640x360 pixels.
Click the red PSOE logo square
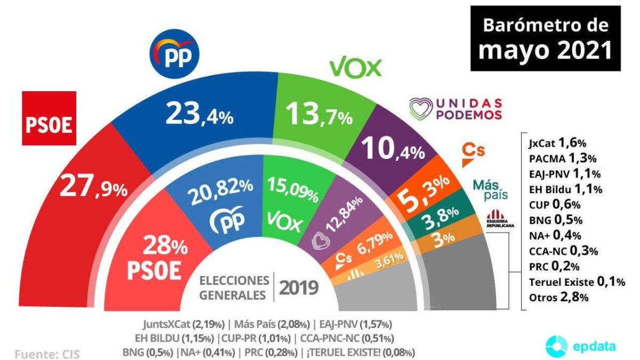(49, 118)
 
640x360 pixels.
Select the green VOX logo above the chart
(356, 68)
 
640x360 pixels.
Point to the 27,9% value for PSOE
(93, 187)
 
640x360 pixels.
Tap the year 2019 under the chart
(299, 288)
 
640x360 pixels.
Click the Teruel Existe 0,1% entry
(577, 282)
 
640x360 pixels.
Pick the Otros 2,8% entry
(558, 298)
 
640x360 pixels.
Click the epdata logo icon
(557, 346)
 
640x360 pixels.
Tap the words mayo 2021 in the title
(545, 50)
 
